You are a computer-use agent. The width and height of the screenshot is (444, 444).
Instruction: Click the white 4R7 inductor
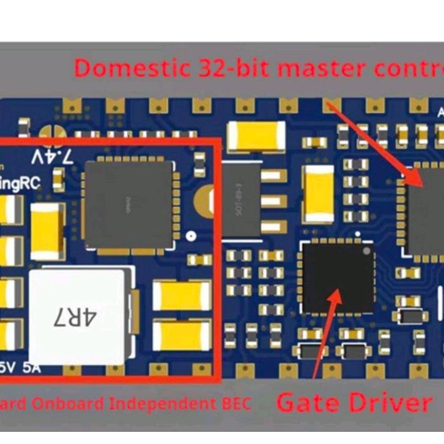[x=79, y=316]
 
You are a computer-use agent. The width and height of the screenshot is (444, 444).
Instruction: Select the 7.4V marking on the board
[x=52, y=157]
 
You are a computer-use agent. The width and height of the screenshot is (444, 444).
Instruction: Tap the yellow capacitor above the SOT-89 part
[x=256, y=135]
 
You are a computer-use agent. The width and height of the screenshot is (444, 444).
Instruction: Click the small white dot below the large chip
[x=191, y=235]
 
